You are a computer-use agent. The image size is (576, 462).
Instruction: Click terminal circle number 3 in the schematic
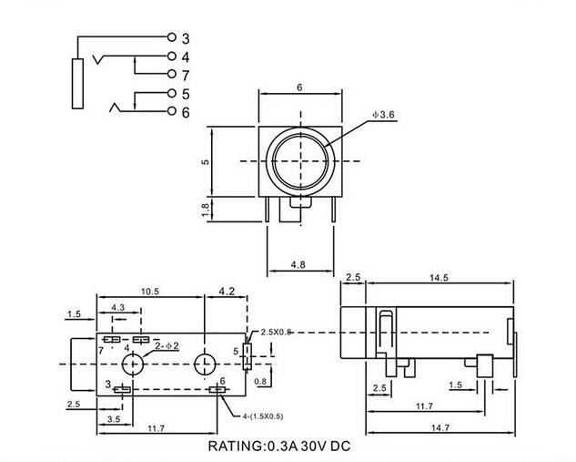coord(172,36)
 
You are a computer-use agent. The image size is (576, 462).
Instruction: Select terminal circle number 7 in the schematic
coord(172,74)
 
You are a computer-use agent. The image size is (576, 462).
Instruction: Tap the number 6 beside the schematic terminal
coord(186,112)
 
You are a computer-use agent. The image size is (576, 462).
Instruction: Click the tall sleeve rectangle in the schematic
coord(77,84)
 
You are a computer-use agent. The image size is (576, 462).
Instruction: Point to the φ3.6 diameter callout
coord(383,115)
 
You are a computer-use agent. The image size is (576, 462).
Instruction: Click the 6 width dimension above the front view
coord(299,87)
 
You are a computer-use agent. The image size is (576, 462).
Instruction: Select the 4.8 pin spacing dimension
coord(298,264)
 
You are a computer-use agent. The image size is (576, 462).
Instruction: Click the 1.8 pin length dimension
coord(206,210)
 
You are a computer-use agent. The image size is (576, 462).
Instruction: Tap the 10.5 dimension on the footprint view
coord(150,292)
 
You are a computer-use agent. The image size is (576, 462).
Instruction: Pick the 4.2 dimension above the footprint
coord(227,292)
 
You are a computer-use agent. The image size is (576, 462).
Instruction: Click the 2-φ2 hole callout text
coord(167,345)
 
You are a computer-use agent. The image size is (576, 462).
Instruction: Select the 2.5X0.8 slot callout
coord(276,333)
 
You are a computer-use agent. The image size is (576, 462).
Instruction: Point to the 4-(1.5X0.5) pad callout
coord(263,416)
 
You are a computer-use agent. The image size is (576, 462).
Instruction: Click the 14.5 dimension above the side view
coord(439,278)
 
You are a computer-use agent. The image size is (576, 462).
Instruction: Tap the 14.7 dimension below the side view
coord(440,427)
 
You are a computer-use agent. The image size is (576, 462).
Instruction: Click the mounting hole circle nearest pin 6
coord(205,364)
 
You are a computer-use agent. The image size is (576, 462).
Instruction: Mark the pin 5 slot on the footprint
coord(248,356)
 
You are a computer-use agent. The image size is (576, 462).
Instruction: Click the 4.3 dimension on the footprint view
coord(117,307)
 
